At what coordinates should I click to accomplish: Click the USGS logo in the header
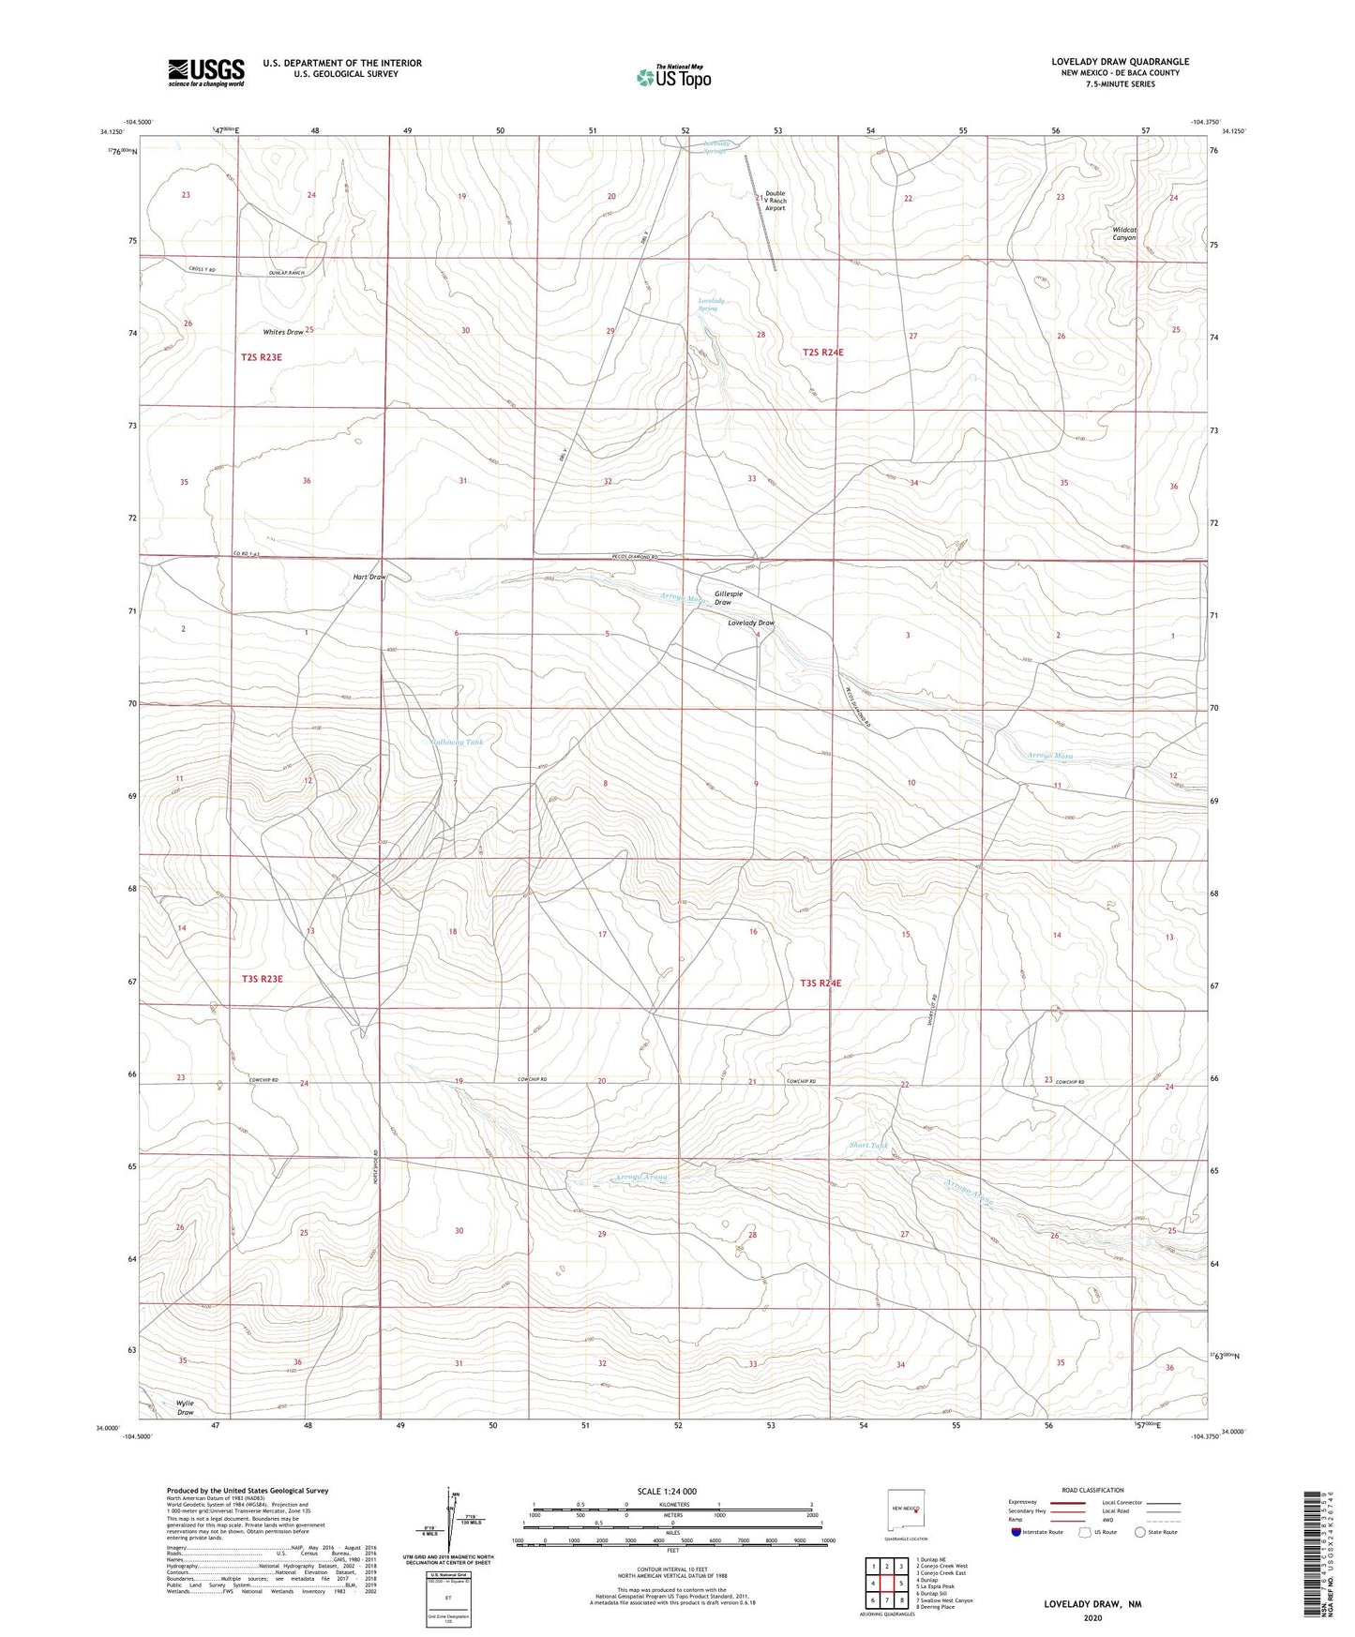[206, 71]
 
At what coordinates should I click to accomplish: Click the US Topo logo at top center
[672, 76]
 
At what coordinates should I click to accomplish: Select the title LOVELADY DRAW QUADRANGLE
[1120, 62]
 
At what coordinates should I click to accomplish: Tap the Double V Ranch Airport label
[775, 201]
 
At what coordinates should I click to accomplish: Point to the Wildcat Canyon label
[1123, 233]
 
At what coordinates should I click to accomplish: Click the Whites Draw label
[283, 332]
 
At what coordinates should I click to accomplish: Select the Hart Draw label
[369, 577]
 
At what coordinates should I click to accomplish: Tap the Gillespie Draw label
[729, 597]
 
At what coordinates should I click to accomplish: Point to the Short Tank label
[868, 1145]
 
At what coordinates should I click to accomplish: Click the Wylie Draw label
[186, 1407]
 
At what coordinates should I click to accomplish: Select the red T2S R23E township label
[262, 357]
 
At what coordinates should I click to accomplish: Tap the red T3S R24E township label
[821, 983]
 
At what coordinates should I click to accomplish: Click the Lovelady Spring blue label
[712, 305]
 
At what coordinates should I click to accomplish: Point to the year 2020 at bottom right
[1092, 1617]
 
